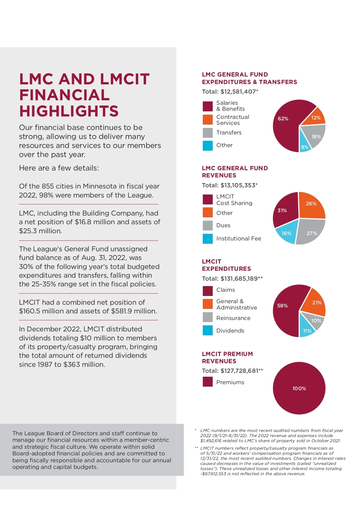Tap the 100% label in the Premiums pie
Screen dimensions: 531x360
click(x=299, y=388)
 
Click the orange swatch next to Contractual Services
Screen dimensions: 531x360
click(x=208, y=120)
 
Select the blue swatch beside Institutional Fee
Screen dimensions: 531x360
click(x=208, y=239)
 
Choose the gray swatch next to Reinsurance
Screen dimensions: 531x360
click(x=208, y=318)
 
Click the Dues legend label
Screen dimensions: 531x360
click(x=223, y=225)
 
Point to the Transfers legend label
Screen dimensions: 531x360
click(x=229, y=133)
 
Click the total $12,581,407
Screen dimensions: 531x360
click(x=238, y=92)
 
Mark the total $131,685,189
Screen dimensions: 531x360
click(x=239, y=279)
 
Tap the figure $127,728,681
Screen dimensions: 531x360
click(x=239, y=371)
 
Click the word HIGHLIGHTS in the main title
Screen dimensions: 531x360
click(x=69, y=111)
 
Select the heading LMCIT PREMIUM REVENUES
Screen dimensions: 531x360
click(x=227, y=358)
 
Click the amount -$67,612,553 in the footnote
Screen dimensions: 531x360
click(x=213, y=474)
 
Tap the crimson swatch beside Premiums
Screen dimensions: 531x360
click(x=208, y=382)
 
